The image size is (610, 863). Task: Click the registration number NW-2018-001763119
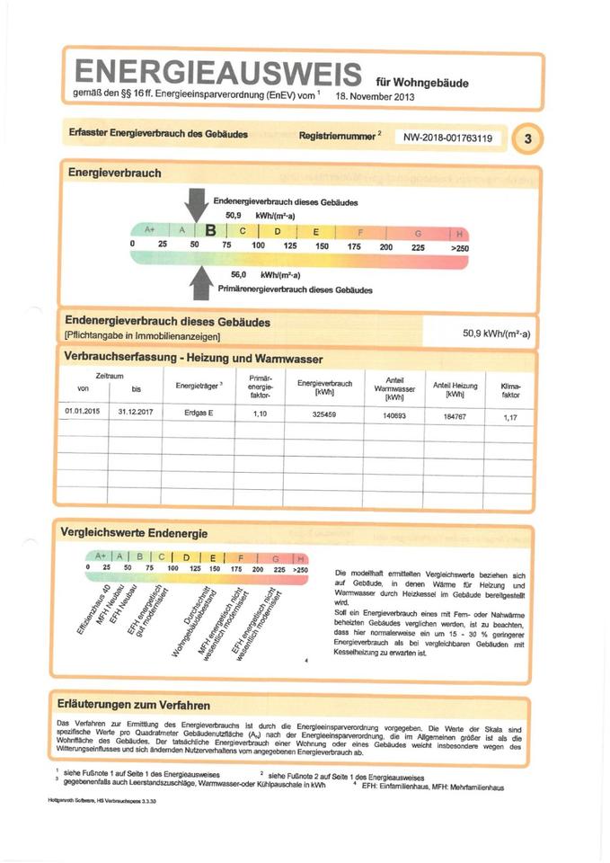coord(447,138)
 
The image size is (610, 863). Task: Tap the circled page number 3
coord(528,138)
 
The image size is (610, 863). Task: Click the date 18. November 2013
coord(376,95)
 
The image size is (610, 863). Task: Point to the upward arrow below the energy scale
coord(202,283)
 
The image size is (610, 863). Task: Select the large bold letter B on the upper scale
coord(212,231)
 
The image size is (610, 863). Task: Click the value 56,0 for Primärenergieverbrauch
coord(238,274)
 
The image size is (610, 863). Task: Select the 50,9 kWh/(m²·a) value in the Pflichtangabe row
coord(496,334)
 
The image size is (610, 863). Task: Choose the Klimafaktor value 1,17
coord(510,418)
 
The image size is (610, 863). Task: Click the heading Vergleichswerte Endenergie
coord(134,532)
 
